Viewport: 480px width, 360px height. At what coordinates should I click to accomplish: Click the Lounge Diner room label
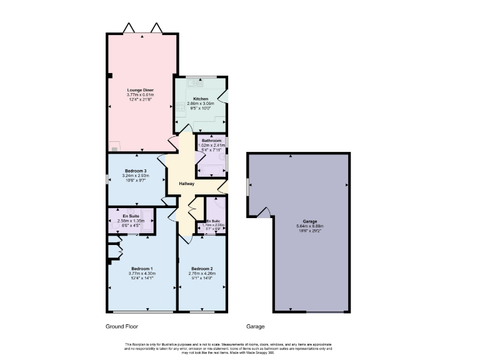tap(140, 90)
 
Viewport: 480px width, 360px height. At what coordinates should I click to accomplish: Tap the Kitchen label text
tap(201, 99)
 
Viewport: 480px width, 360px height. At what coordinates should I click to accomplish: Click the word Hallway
tap(186, 184)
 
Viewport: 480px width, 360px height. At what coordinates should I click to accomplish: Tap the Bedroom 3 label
tap(136, 171)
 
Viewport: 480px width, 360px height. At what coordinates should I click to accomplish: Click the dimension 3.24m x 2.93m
tap(136, 176)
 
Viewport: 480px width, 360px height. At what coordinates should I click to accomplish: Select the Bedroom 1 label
tap(141, 269)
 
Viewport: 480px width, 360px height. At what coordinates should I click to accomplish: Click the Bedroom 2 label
tap(202, 269)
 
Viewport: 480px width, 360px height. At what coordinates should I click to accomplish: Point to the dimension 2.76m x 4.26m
tap(202, 274)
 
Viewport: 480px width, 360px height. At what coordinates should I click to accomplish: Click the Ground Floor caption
tap(122, 326)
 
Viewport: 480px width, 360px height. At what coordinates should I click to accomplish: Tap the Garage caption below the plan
tap(255, 326)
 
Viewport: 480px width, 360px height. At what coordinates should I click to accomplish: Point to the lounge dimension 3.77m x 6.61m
tap(140, 95)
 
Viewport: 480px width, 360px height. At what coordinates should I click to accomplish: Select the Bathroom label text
tap(211, 141)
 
